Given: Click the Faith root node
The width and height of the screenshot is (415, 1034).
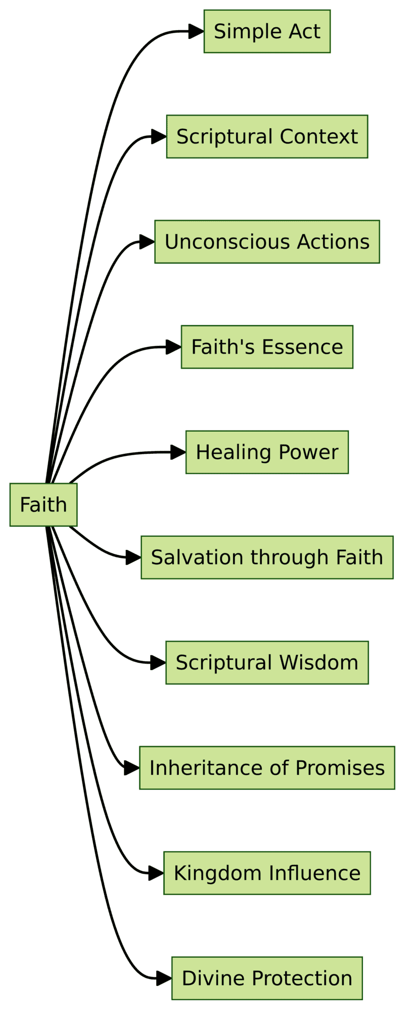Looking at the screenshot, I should (x=43, y=504).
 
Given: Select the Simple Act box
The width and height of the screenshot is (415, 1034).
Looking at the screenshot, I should (x=267, y=31).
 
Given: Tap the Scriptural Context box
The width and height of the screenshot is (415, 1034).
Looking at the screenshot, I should (x=267, y=136).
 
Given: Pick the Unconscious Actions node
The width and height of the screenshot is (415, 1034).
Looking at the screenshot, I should (x=267, y=242).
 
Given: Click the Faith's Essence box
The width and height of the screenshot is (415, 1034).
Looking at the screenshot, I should (x=267, y=347).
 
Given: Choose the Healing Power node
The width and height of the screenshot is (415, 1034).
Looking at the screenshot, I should (x=267, y=452).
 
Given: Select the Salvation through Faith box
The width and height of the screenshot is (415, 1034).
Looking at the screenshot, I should (x=267, y=557).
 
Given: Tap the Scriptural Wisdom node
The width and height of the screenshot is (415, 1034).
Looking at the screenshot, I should (x=267, y=662).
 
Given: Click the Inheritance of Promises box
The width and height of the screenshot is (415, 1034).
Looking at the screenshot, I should (x=267, y=767).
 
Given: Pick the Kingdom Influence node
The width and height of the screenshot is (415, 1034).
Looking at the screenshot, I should (x=267, y=873).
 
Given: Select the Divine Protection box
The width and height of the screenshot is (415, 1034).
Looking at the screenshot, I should (x=267, y=978).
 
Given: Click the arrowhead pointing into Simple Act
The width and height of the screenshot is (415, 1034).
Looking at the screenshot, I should (x=197, y=31).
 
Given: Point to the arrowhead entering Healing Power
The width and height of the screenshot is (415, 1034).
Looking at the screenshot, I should (x=178, y=452).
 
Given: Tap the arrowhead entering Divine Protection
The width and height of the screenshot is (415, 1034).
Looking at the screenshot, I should (x=164, y=978).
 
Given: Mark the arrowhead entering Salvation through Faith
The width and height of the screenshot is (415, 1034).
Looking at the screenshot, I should (x=133, y=557).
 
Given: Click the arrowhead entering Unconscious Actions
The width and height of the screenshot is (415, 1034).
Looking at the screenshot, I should (x=147, y=242).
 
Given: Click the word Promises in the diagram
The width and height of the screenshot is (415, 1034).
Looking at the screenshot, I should (x=340, y=768).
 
